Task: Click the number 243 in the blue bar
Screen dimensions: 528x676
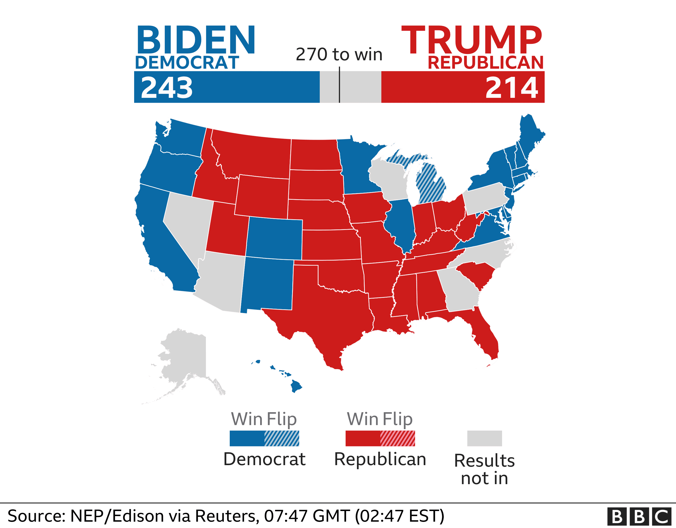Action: pos(167,88)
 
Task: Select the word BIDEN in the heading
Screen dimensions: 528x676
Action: pos(195,40)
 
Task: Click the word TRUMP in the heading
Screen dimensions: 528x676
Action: pos(471,40)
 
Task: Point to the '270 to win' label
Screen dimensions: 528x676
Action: pos(339,54)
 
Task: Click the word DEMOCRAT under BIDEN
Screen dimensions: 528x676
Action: pos(187,63)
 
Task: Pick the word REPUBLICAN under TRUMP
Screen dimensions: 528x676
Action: pos(485,63)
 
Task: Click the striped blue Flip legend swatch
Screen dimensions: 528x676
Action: pos(282,438)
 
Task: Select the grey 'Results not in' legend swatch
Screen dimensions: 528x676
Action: pos(484,438)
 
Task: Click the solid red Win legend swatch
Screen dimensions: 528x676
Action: pos(363,438)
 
